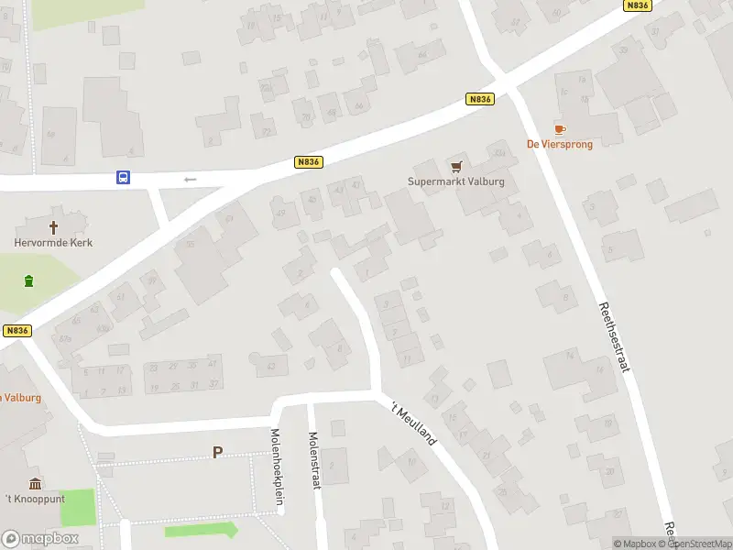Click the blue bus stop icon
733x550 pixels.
[123, 178]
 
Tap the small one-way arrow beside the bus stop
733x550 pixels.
[191, 179]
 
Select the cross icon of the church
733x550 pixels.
[53, 226]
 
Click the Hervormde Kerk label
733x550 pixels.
[53, 243]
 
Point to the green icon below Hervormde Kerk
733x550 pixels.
[29, 280]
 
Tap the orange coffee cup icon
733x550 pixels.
[559, 129]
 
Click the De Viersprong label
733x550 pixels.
[559, 144]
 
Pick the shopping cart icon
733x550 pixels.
[456, 166]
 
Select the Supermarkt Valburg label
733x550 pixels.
[456, 181]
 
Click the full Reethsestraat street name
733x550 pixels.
[614, 336]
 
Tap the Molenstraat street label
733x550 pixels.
[313, 460]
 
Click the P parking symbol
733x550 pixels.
[217, 452]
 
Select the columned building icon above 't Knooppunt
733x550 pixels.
[35, 483]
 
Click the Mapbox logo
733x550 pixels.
[40, 538]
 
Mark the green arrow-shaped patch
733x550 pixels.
[201, 530]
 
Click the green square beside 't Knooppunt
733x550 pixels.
[78, 507]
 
